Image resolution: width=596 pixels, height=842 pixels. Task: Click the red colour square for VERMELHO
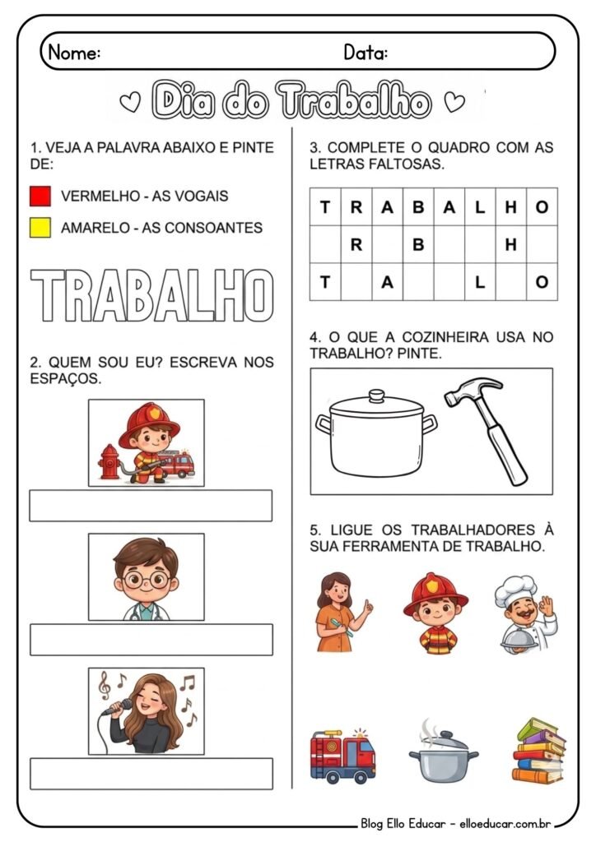click(40, 197)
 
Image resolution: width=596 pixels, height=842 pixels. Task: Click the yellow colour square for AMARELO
click(40, 228)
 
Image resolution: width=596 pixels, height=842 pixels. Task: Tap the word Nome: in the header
click(74, 53)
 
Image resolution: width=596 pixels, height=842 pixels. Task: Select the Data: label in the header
click(366, 53)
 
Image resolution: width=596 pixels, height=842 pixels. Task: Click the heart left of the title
click(129, 103)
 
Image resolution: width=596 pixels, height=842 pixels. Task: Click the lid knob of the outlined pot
click(376, 396)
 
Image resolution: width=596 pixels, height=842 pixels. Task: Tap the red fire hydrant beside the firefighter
click(107, 462)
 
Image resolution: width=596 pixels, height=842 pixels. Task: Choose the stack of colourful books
click(538, 751)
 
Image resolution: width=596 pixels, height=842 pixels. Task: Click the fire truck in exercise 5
click(342, 754)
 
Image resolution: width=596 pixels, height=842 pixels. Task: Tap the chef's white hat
click(517, 590)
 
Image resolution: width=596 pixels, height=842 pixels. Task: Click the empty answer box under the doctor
click(151, 640)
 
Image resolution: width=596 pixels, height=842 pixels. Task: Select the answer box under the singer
click(151, 774)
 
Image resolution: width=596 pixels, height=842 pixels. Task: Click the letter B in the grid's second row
click(418, 244)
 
